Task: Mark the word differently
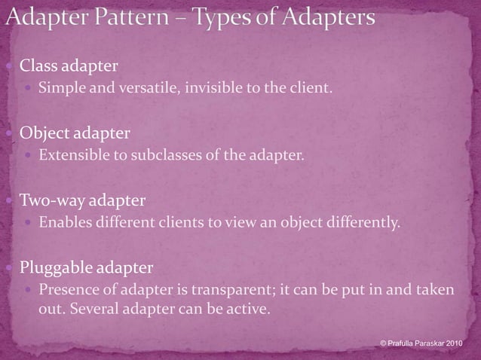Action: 363,223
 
